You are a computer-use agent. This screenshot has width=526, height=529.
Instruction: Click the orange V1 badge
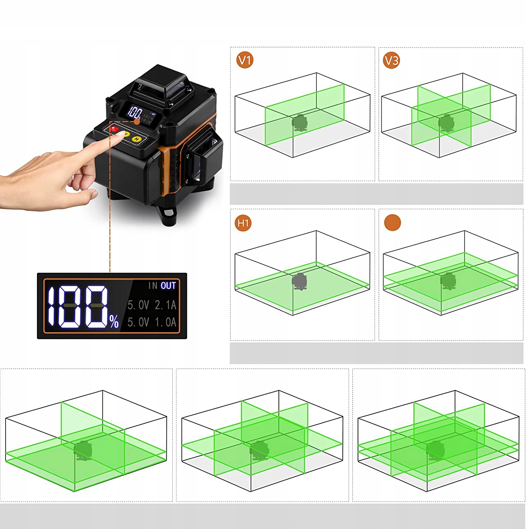(x=245, y=60)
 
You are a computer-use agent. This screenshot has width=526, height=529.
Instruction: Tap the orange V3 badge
(x=391, y=60)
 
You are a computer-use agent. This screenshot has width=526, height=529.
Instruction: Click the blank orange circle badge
(x=392, y=222)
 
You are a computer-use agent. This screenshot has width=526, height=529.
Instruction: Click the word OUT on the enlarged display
(x=168, y=286)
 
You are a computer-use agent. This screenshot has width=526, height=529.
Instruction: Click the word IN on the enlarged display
(x=153, y=286)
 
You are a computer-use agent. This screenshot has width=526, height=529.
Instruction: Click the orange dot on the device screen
(x=137, y=122)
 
